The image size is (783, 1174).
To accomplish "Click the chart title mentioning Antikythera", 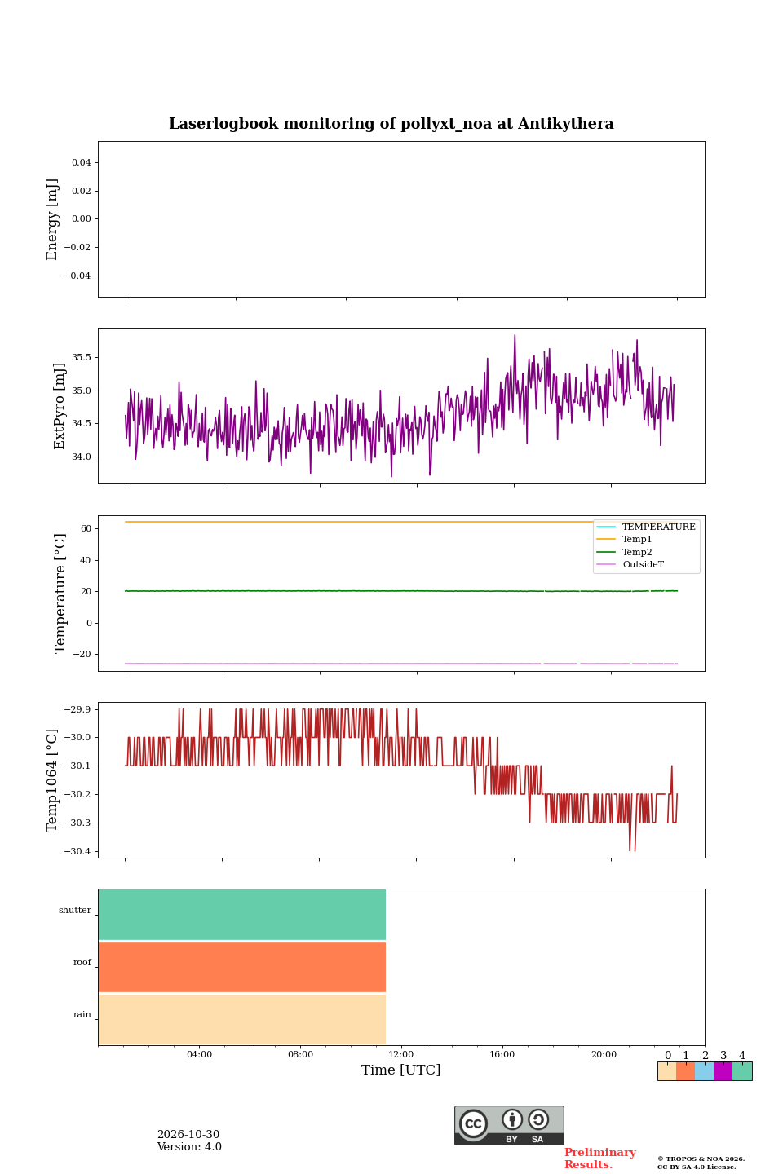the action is click(x=391, y=124).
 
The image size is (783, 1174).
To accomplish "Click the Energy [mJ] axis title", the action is click(x=52, y=219).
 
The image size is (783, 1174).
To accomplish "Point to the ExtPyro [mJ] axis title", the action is click(x=60, y=406).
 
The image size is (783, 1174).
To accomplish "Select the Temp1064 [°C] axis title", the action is click(x=52, y=780).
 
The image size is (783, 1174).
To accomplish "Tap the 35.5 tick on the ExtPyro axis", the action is click(x=82, y=357).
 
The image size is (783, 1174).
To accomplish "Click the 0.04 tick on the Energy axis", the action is click(x=82, y=162).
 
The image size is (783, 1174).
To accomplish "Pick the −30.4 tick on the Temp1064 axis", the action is click(x=77, y=851).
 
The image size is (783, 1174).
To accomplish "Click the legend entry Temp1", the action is click(x=637, y=540).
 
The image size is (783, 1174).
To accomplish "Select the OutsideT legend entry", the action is click(x=643, y=564).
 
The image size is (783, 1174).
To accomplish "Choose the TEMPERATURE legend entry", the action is click(x=659, y=527).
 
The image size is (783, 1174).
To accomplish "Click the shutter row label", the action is click(x=75, y=910).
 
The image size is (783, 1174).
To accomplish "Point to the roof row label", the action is click(x=82, y=962).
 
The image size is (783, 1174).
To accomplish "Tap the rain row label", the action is click(x=82, y=1014).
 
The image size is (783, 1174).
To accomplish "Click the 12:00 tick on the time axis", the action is click(x=400, y=1054).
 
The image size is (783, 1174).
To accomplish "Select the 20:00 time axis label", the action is click(x=604, y=1054).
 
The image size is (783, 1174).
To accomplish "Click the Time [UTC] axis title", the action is click(x=400, y=1070).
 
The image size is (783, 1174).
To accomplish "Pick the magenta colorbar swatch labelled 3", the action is click(x=723, y=1071).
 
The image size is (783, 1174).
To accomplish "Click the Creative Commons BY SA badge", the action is click(x=509, y=1125).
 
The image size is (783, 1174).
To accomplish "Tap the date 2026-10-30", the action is click(x=188, y=1135).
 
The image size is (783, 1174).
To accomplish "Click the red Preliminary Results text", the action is click(x=600, y=1159).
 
